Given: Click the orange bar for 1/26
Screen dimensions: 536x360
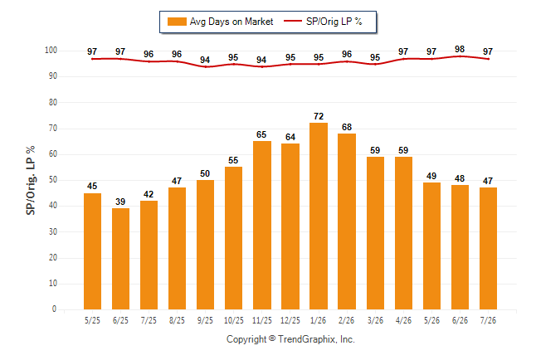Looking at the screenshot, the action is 319,216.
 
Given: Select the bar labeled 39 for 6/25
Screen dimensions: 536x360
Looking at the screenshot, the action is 120,259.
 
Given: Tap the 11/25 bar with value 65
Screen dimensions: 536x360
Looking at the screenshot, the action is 262,226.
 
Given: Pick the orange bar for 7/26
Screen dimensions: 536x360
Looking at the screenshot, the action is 488,249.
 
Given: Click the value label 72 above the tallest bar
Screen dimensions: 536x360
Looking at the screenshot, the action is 319,116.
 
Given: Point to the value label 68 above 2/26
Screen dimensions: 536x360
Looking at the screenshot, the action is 347,127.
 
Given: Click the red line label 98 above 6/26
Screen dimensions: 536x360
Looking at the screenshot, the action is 460,49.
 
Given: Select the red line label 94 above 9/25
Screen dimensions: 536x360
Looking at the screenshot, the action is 205,60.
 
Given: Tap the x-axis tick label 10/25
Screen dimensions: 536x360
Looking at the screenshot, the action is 234,321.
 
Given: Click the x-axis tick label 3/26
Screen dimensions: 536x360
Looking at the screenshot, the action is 375,321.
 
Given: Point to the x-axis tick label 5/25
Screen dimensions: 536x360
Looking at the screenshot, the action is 92,321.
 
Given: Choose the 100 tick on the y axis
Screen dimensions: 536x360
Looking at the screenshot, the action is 51,51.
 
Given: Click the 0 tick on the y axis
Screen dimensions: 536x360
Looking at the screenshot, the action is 54,309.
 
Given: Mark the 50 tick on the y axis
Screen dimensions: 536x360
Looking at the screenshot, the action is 52,180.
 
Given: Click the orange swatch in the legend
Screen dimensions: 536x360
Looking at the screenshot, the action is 177,22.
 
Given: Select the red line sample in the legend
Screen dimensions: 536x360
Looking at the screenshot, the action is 293,22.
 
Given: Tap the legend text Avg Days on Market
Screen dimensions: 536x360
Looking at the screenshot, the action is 231,22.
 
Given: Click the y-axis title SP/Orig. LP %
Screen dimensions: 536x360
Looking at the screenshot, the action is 31,181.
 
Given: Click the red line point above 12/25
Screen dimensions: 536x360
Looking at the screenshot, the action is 290,64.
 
